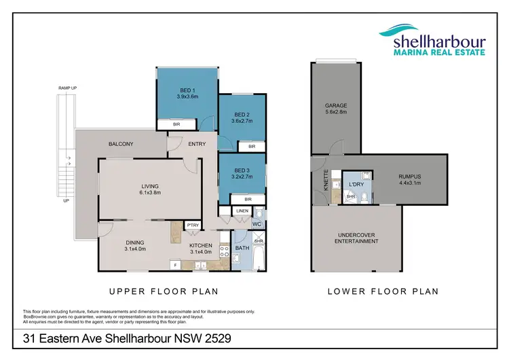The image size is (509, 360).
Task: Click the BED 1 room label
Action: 187,90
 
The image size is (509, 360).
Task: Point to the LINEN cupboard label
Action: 242,212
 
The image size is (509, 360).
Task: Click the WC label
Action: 257,223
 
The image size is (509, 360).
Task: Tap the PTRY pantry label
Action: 193,225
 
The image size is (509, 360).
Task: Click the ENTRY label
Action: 197,144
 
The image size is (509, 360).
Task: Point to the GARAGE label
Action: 336,105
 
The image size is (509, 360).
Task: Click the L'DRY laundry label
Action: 356,185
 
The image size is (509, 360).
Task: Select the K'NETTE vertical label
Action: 326,181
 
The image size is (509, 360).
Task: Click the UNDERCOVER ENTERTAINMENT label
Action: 357,238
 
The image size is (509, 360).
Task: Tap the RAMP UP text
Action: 68,89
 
